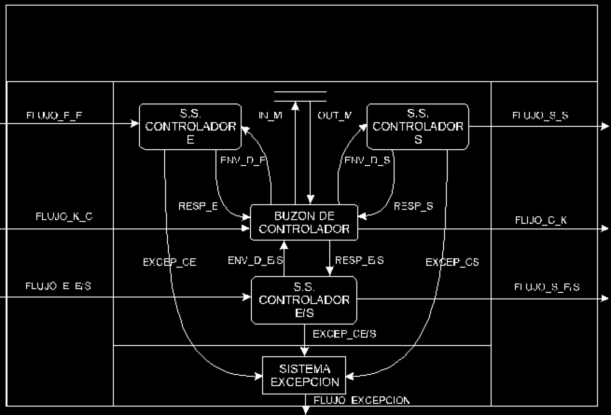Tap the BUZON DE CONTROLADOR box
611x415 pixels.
click(304, 222)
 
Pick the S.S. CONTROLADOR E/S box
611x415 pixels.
click(304, 299)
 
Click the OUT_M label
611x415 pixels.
click(334, 116)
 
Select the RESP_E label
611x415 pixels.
click(197, 205)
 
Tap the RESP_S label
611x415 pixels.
click(411, 205)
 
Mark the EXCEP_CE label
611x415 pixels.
click(170, 264)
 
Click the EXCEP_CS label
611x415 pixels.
click(452, 264)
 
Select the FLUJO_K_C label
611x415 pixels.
click(64, 216)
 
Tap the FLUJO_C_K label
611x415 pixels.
click(540, 220)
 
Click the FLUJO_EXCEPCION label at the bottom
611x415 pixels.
click(362, 401)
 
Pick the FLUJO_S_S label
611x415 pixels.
click(541, 116)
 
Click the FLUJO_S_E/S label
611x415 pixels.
click(547, 287)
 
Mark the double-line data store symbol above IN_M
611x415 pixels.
click(300, 95)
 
